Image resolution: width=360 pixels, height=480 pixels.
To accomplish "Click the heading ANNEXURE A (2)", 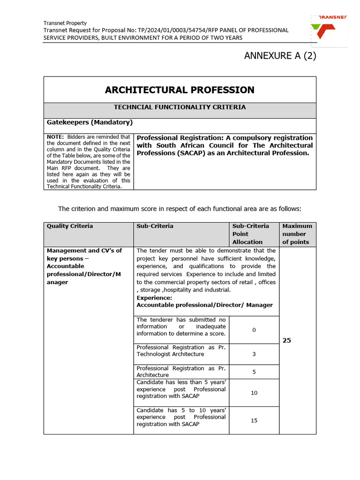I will click(x=280, y=56).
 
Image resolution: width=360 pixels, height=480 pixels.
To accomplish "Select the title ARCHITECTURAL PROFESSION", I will click(x=180, y=90).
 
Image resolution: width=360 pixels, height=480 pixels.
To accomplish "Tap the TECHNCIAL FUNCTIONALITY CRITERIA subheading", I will click(x=180, y=107).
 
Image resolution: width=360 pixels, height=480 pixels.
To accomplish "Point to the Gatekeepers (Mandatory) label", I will click(x=90, y=123).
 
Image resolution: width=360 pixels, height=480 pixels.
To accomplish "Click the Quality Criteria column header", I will click(x=70, y=226).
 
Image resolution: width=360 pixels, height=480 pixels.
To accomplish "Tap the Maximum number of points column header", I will click(x=297, y=234).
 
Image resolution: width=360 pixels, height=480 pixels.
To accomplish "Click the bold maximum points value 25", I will click(x=287, y=340).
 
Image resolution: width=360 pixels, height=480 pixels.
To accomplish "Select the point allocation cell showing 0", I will click(x=254, y=330).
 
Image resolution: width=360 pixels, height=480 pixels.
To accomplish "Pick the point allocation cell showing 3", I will click(x=254, y=354).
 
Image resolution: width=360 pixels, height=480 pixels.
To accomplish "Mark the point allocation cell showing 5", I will click(x=254, y=372).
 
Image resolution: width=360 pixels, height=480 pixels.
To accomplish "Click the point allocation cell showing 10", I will click(x=254, y=393).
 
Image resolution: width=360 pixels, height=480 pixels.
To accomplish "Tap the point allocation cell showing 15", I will click(x=254, y=420).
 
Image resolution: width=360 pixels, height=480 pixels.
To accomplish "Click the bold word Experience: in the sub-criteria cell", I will click(x=154, y=298).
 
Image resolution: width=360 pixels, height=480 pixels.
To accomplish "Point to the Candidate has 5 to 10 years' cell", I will click(x=181, y=417).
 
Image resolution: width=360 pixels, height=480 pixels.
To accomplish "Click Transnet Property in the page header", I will click(x=65, y=23).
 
